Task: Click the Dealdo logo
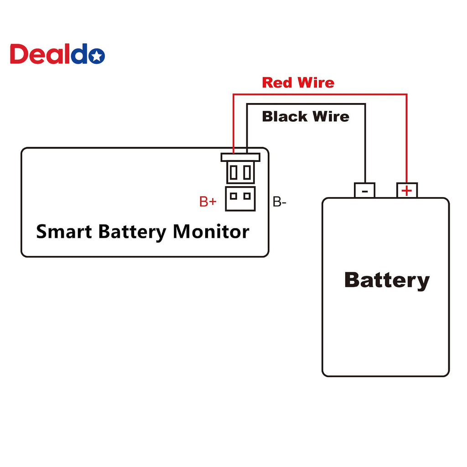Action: coord(57,54)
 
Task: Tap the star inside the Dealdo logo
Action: coord(97,56)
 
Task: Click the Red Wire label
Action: coord(298,83)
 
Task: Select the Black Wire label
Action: coord(306,116)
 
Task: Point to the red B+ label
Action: coord(208,202)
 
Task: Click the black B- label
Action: coord(280,202)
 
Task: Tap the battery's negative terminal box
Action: coord(364,190)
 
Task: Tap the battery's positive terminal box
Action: coord(407,190)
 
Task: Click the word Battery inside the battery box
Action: coord(387,280)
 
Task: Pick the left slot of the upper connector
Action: coord(234,172)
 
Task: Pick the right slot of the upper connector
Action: coord(247,172)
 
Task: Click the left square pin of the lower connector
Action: coord(234,196)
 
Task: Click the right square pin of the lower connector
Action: coord(247,196)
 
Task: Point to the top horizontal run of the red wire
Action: coord(320,95)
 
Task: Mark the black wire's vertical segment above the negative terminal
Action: coord(365,143)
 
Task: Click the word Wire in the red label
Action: coord(316,83)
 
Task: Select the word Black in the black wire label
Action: coord(285,116)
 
